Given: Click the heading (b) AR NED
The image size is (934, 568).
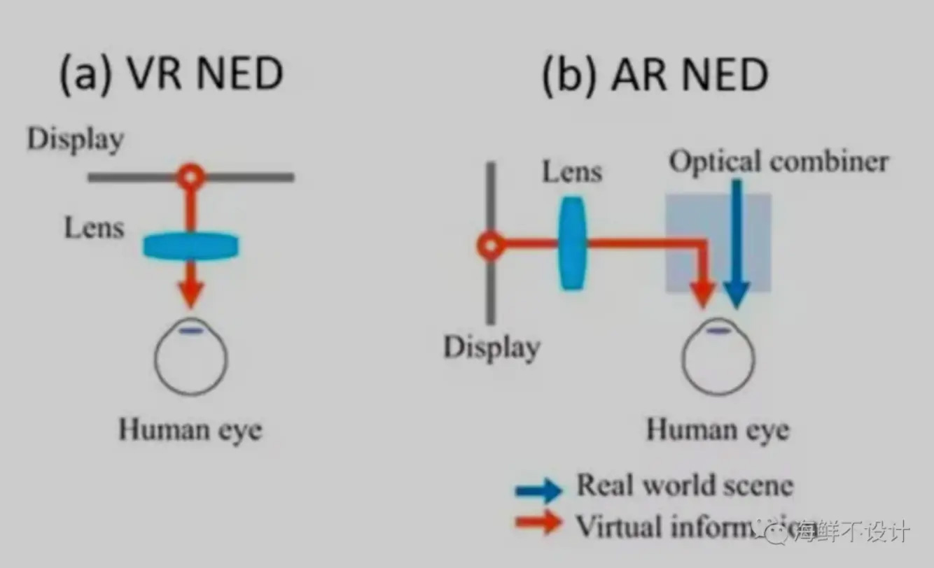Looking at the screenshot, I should coord(655,73).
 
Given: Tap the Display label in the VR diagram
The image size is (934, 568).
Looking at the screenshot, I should coord(76,139).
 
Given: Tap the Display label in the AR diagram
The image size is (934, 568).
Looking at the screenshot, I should coord(492,347).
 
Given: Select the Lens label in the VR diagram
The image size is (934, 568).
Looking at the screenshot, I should coord(94,228).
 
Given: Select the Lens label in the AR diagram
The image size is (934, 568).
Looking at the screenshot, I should coord(572,171).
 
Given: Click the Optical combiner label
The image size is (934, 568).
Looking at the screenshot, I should coord(779,162).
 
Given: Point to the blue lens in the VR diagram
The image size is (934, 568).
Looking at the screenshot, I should coord(190,246).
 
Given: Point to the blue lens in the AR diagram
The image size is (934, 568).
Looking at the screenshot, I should coord(572,243).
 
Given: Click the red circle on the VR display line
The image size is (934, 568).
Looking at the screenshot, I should coord(190,177).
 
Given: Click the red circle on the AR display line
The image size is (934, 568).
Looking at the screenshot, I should coord(491,245).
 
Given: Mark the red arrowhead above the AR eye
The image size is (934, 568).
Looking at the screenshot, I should coord(702,292).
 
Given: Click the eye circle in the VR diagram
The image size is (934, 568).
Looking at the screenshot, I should coord(190,358).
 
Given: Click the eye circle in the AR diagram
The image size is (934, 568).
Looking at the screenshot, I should coord(718,358).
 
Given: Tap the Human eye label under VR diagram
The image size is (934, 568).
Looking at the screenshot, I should coord(190,429).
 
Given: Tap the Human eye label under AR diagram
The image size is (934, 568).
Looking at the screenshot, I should coord(717,429).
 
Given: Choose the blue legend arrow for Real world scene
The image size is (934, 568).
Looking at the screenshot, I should coord(538,490).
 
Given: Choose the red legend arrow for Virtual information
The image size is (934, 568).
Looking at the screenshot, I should coord(538,523).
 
